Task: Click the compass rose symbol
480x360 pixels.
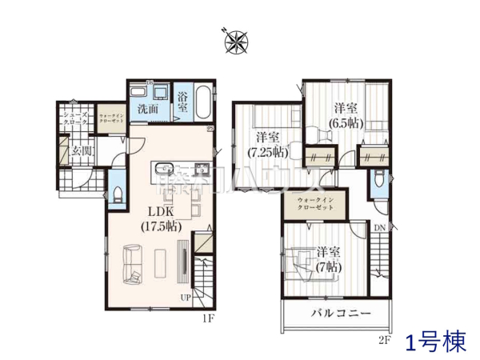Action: pyautogui.click(x=236, y=39)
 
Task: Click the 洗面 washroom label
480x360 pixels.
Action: pyautogui.click(x=146, y=108)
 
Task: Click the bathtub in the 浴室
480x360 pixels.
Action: pyautogui.click(x=202, y=102)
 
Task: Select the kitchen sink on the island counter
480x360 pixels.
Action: pyautogui.click(x=163, y=169)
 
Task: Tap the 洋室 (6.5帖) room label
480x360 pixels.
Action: pyautogui.click(x=346, y=114)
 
